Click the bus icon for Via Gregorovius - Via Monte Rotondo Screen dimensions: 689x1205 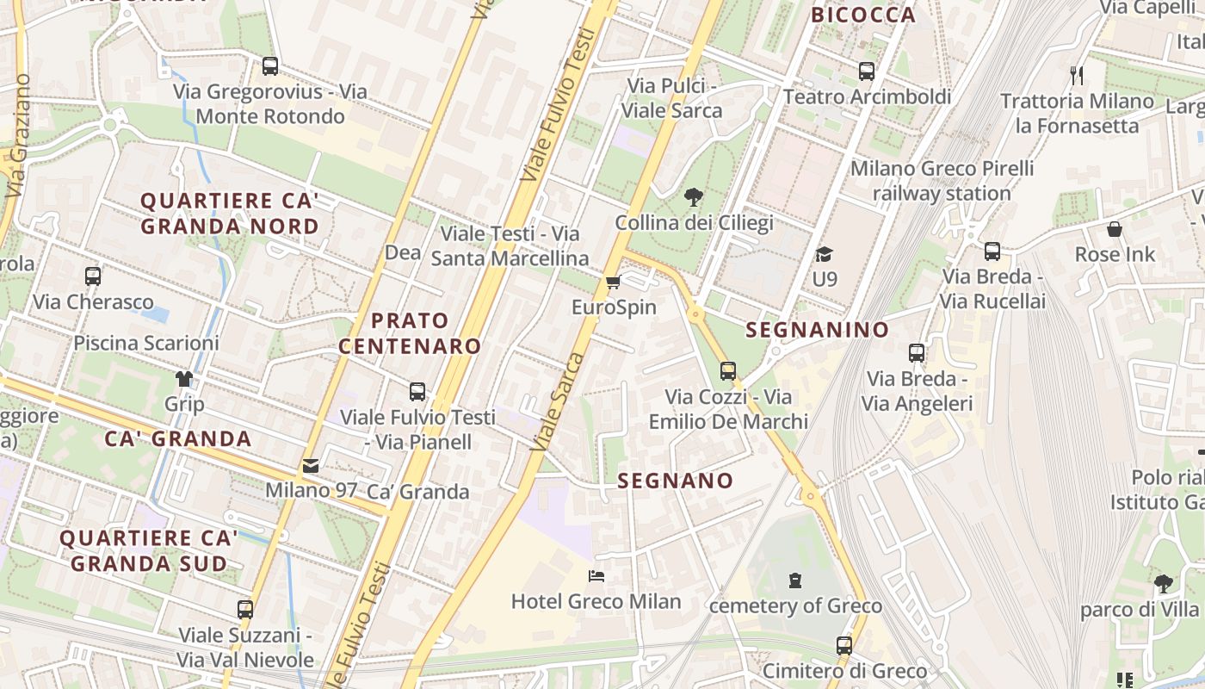tap(270, 66)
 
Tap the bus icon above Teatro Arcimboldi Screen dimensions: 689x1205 tap(867, 71)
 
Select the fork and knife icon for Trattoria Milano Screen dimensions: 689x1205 tap(1076, 76)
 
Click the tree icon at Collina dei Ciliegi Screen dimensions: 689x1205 tap(693, 198)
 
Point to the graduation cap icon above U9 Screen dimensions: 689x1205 tap(825, 254)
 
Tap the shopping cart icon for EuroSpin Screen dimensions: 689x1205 tap(614, 282)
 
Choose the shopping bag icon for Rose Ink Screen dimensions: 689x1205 tap(1115, 229)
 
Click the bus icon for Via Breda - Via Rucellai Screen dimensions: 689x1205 tap(992, 251)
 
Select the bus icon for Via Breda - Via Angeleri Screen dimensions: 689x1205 tap(917, 353)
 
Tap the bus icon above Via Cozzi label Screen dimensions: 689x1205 tap(728, 371)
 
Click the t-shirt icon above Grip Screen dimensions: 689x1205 tap(184, 379)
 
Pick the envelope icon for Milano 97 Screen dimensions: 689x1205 tap(311, 466)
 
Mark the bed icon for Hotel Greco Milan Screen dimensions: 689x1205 tap(596, 575)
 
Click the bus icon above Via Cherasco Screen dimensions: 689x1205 tap(93, 276)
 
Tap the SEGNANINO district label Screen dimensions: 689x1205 tap(817, 330)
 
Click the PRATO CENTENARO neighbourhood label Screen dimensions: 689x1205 tap(410, 333)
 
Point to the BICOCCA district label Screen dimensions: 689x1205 tap(863, 15)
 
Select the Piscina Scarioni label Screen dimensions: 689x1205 tap(146, 343)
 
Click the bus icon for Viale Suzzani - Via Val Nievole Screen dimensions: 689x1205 tap(245, 610)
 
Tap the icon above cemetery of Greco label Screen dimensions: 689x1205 tap(795, 580)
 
